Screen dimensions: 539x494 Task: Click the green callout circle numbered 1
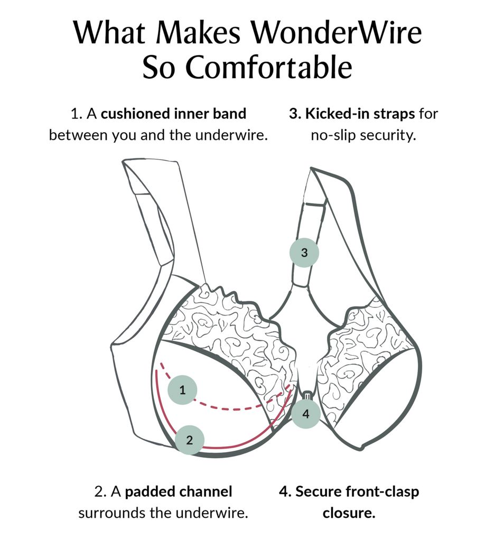point(182,391)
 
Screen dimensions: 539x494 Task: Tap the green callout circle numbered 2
point(190,439)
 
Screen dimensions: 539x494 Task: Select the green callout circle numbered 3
point(304,252)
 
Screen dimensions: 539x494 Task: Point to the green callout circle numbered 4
point(305,414)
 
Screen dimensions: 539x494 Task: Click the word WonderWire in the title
point(335,33)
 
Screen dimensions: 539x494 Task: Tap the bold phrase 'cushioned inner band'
point(174,114)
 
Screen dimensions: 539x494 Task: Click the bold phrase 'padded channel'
point(179,491)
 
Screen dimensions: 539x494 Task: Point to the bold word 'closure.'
point(349,513)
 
